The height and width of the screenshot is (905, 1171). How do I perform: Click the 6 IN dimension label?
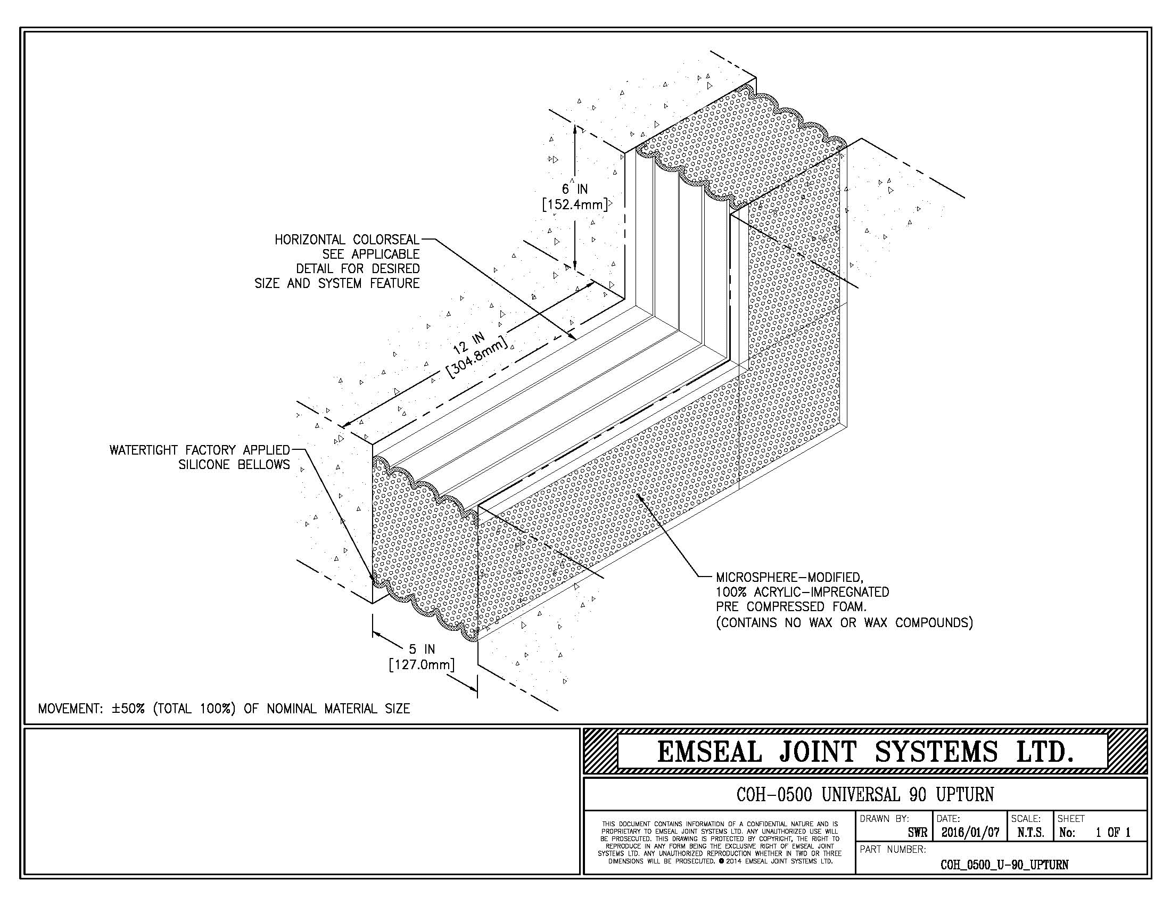[x=574, y=190]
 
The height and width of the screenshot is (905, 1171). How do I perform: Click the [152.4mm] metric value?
[x=575, y=205]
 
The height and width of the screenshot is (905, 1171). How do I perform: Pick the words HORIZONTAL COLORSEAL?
[x=347, y=240]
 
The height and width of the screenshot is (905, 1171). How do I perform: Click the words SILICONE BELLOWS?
[x=234, y=464]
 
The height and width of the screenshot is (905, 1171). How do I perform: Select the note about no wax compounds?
[x=844, y=622]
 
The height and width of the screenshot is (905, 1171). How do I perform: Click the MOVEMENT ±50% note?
[x=224, y=709]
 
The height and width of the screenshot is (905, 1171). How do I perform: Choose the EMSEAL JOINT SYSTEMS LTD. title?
[x=865, y=752]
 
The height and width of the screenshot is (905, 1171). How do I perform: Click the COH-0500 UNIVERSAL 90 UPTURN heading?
[x=865, y=795]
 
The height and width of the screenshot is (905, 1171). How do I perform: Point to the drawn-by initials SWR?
[x=918, y=833]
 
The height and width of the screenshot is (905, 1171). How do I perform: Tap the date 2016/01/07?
[x=970, y=833]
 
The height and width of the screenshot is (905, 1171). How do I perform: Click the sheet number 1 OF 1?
[x=1112, y=833]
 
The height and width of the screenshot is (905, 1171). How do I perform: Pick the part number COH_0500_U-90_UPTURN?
[x=1004, y=865]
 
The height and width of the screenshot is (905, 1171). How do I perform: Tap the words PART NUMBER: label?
[x=893, y=849]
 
